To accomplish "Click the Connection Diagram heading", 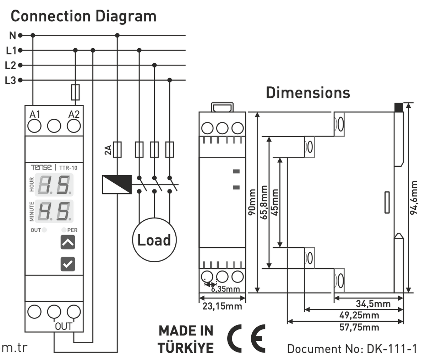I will (83, 16).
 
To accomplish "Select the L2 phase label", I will (11, 65).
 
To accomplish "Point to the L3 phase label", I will (11, 81).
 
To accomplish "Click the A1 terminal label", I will (35, 114).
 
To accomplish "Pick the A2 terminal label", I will (74, 114).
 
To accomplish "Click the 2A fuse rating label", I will (108, 150).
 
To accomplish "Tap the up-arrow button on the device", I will (67, 242).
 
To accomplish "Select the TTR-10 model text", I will (68, 167).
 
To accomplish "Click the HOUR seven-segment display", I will (55, 185).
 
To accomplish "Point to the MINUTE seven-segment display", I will (55, 211).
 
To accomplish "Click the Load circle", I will (154, 240).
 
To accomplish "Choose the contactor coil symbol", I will (117, 184).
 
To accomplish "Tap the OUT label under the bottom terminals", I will (64, 326).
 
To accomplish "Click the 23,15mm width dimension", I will (222, 306).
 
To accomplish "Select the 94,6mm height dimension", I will (414, 198).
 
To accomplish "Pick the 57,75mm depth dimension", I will (359, 327).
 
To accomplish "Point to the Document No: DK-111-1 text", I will (351, 349).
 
